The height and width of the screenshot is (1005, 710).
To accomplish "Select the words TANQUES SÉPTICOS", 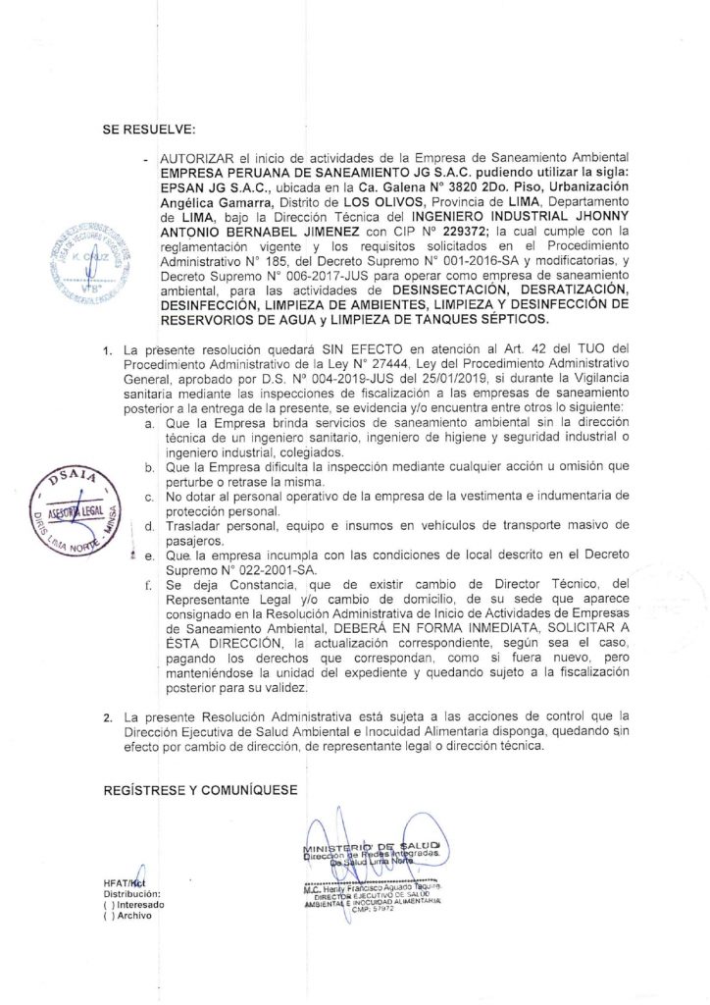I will pos(492,320).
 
